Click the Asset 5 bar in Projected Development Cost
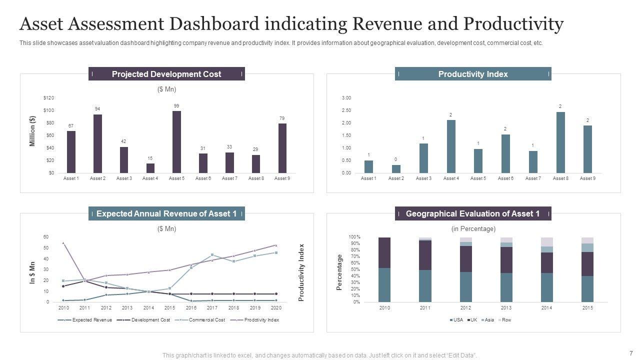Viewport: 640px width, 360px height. point(176,142)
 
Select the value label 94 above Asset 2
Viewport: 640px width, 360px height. point(97,109)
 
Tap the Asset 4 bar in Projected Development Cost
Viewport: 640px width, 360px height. point(150,168)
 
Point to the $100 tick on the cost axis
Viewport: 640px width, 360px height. point(48,110)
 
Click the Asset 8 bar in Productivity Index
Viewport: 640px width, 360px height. point(560,142)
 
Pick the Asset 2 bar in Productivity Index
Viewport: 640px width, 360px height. point(396,169)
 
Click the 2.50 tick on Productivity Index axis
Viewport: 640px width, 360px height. point(346,110)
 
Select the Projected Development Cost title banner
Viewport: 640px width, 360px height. point(166,74)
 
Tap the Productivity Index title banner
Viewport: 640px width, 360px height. point(473,74)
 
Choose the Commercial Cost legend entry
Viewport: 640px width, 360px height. point(206,320)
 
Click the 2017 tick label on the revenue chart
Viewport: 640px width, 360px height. point(212,308)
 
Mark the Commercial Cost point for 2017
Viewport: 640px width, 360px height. point(212,255)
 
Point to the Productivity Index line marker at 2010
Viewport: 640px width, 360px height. point(63,243)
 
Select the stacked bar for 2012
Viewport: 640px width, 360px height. point(466,270)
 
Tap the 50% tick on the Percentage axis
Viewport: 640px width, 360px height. point(354,269)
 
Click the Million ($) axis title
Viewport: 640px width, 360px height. point(32,131)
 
